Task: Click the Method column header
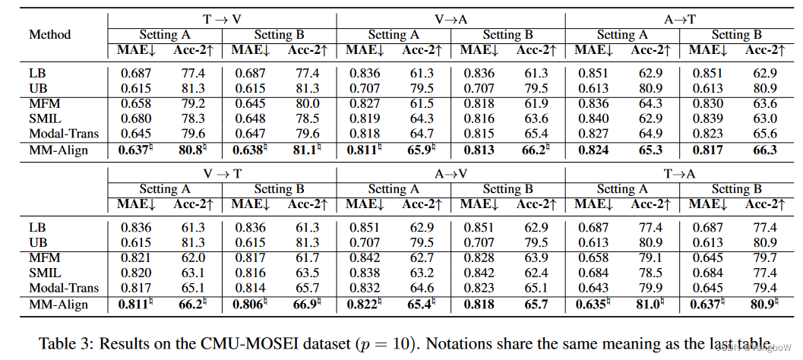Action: tap(50, 34)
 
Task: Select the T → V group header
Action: tap(222, 19)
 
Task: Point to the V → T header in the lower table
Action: tap(222, 173)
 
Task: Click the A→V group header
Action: tap(451, 173)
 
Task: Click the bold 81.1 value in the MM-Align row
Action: tap(304, 150)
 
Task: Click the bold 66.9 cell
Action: tap(304, 304)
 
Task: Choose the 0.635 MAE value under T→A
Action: tap(593, 304)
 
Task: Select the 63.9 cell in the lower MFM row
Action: tap(533, 257)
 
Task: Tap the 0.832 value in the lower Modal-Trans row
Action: tap(364, 288)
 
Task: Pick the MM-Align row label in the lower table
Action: tap(58, 304)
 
